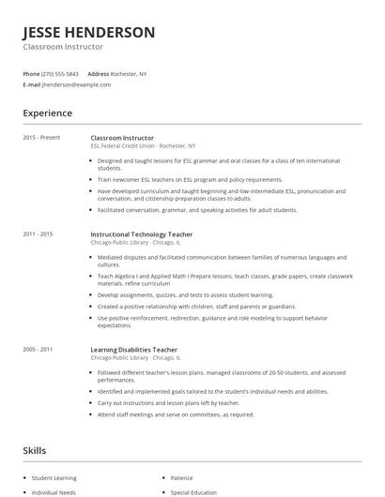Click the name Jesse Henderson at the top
89,33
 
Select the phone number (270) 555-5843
61,74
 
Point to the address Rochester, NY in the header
130,74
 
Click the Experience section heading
47,113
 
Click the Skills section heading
34,451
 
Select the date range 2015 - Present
41,138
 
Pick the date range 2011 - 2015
38,233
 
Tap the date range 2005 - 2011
38,349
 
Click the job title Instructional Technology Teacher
141,233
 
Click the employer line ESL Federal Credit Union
143,146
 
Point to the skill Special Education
193,491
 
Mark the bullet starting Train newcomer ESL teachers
189,179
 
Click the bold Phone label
31,74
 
